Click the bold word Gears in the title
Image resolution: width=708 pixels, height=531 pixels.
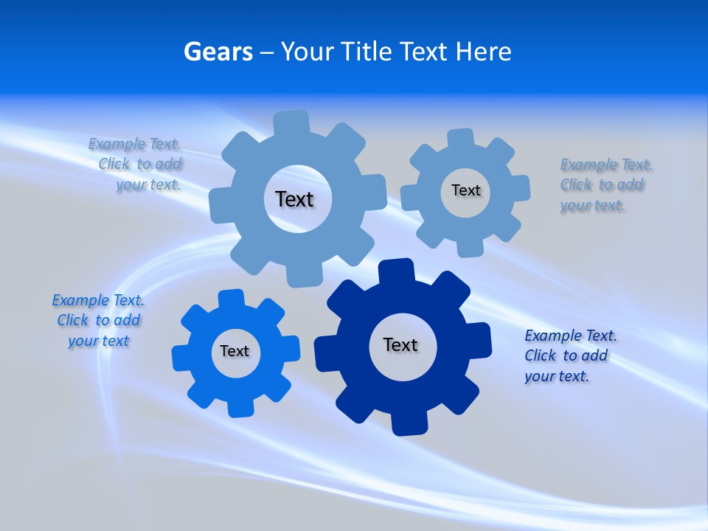[x=218, y=52]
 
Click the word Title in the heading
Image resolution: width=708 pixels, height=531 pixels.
[x=366, y=52]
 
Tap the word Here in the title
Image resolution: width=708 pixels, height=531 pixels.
[x=483, y=52]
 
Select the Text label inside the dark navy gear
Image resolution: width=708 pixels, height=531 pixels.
[x=400, y=345]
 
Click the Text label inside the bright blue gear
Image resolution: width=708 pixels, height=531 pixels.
[x=235, y=352]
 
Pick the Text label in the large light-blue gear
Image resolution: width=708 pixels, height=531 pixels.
[x=294, y=199]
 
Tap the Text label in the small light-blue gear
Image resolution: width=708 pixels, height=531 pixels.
[x=465, y=191]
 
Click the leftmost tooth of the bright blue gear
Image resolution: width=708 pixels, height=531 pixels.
[x=182, y=358]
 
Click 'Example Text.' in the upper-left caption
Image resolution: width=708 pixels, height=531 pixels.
[x=134, y=144]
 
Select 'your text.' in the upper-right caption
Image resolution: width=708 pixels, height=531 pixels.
[x=592, y=206]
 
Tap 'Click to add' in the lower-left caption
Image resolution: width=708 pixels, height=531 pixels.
[x=99, y=321]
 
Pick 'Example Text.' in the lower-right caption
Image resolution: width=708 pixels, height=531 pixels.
[x=571, y=336]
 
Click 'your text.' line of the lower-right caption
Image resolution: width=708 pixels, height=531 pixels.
[x=557, y=376]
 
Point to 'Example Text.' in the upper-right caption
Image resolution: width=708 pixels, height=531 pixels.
[x=606, y=164]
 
